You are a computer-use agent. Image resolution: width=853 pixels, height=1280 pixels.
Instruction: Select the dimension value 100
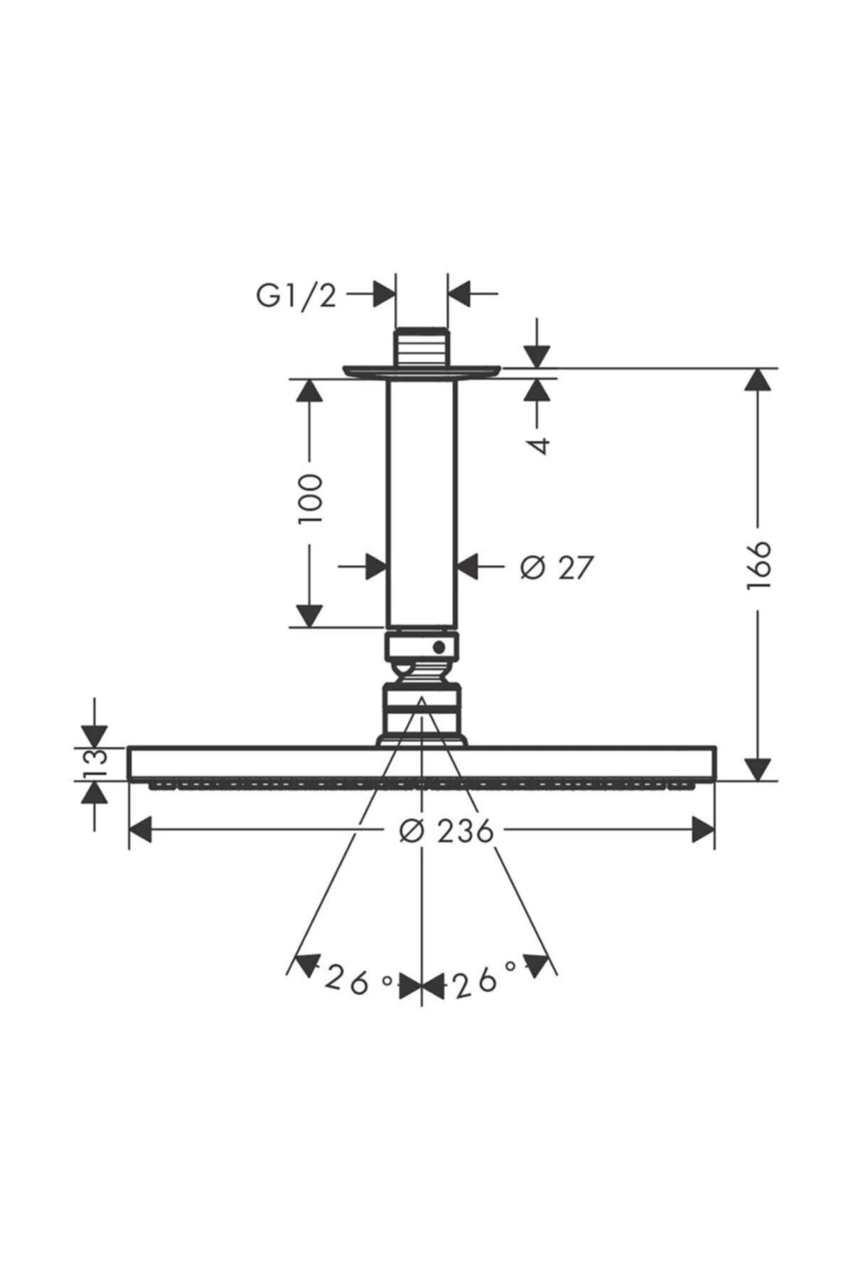pos(311,499)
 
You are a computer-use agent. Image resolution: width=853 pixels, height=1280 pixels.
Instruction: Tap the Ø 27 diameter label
pos(556,567)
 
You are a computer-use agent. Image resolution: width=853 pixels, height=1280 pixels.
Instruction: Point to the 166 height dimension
pos(758,565)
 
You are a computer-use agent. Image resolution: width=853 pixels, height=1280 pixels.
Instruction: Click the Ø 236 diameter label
pos(446,830)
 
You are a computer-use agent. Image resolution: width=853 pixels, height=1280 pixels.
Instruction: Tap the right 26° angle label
pos(485,982)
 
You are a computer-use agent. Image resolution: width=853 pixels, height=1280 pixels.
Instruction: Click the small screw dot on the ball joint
pos(439,646)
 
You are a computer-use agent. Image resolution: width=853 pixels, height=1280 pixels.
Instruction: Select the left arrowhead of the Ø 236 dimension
pos(141,830)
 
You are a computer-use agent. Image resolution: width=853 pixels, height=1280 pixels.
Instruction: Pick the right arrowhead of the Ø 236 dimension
pos(702,830)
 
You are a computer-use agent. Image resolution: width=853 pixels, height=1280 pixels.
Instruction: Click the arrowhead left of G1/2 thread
pos(384,294)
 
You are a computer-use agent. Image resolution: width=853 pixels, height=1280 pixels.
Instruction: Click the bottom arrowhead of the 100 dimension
pos(309,616)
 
